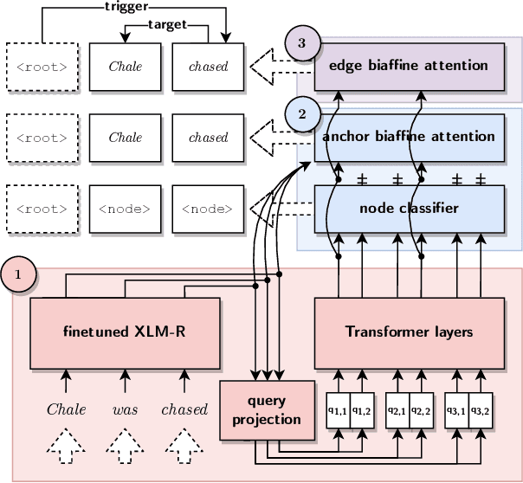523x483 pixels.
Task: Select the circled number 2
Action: click(x=302, y=113)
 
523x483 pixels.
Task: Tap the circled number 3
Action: click(x=302, y=43)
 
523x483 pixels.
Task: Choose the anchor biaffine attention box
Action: click(x=409, y=137)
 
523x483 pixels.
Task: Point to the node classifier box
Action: click(x=409, y=208)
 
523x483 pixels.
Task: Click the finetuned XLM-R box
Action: click(x=125, y=332)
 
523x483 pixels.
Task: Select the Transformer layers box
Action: click(x=409, y=332)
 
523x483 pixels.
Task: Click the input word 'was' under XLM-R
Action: click(x=125, y=409)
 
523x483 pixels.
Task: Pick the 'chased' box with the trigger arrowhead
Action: click(x=208, y=66)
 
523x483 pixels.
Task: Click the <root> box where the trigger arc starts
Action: click(x=42, y=66)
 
